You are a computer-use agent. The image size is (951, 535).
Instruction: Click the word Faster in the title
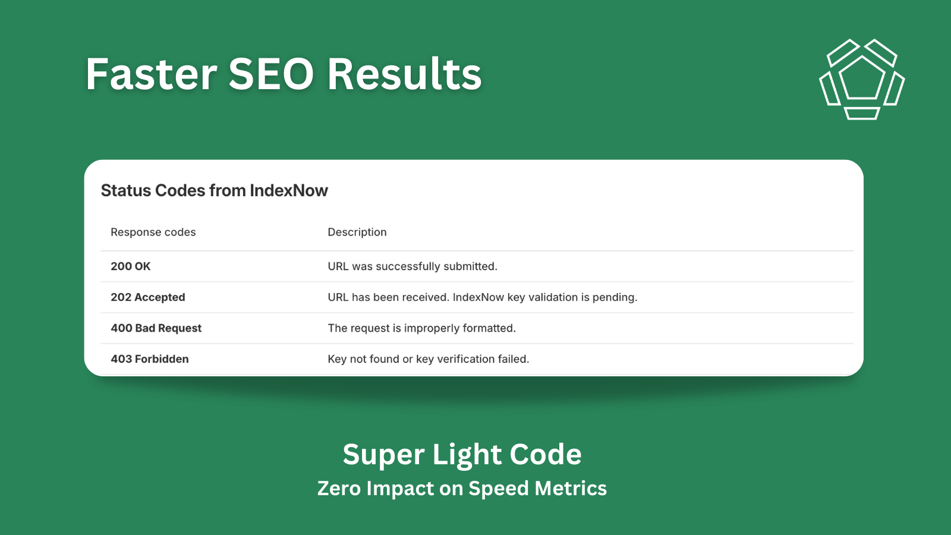coord(152,74)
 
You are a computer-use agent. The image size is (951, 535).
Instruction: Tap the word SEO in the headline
coord(271,74)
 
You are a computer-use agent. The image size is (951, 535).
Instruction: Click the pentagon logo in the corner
coord(862,80)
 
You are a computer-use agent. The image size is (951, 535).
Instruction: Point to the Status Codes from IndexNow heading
coord(215,191)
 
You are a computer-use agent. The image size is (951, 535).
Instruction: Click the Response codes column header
coord(153,232)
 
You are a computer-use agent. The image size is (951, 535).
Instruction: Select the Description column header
coord(357,232)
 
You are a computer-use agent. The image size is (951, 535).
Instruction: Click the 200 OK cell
coord(131,266)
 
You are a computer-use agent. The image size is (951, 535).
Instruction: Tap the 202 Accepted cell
coord(148,297)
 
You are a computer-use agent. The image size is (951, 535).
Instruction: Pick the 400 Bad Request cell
coord(156,328)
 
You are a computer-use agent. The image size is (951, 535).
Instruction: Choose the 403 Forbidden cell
coord(150,359)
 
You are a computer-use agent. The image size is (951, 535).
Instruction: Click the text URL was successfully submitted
coord(412,266)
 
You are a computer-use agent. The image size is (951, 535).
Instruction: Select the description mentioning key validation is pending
coord(483,297)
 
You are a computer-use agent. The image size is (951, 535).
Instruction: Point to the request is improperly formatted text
coord(421,328)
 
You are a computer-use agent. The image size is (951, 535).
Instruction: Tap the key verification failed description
coord(429,359)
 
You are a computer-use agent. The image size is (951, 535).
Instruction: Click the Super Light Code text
coord(462,455)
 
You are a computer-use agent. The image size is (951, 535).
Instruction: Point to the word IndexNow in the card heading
coord(289,191)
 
